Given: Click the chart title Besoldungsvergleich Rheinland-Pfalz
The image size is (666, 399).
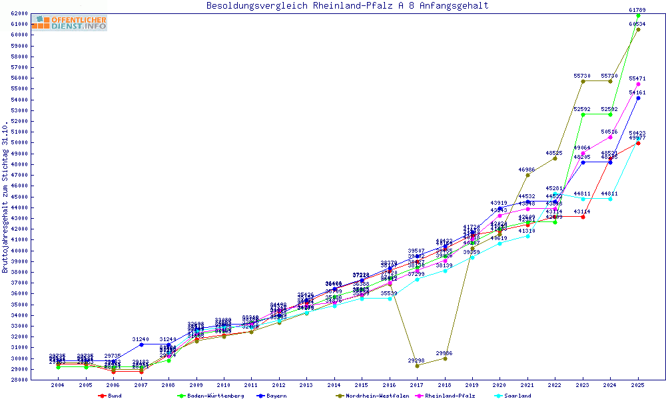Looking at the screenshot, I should click(347, 6).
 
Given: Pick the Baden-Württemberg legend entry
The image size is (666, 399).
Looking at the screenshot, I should click(206, 396).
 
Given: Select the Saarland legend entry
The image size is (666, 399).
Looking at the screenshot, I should click(517, 396).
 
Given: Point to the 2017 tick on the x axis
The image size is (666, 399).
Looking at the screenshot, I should click(417, 385).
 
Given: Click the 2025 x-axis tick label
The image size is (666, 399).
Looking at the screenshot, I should click(638, 385).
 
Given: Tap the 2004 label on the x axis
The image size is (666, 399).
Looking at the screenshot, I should click(59, 385).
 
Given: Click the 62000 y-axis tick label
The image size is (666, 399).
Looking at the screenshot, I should click(19, 13).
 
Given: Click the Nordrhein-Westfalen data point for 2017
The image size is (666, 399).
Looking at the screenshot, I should click(417, 366).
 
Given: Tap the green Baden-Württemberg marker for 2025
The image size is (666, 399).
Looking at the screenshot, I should click(638, 15).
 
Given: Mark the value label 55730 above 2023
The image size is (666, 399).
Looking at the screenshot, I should click(582, 76).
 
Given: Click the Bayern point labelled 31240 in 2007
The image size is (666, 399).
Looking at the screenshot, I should click(141, 344).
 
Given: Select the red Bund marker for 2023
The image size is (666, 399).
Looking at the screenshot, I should click(583, 217).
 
